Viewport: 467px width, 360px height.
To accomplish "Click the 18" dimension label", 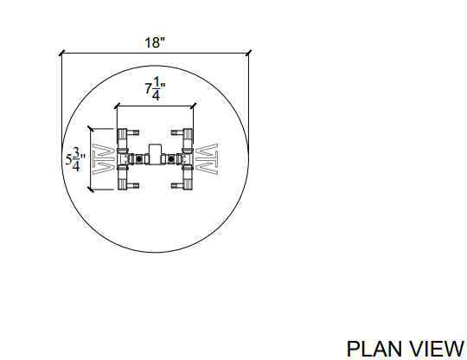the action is click(x=155, y=42).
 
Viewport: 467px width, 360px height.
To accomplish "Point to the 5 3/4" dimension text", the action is click(x=75, y=159).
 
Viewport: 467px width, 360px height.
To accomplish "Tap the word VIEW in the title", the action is click(x=437, y=349).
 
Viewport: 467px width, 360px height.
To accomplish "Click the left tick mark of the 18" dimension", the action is click(x=61, y=54).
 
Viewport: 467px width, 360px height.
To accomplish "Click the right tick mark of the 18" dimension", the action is click(x=249, y=53).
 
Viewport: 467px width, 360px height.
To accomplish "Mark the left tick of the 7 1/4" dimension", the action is click(x=118, y=106).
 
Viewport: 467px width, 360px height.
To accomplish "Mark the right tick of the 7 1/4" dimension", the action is click(x=194, y=106).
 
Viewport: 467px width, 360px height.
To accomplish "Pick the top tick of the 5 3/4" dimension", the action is click(x=91, y=129).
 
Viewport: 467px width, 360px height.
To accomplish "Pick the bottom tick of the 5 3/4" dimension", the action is click(x=91, y=190).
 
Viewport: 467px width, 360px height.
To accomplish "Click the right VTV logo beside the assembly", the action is click(x=207, y=159).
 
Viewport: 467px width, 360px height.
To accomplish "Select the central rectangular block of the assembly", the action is click(x=155, y=153).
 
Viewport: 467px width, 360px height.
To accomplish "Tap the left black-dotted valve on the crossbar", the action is click(x=138, y=159).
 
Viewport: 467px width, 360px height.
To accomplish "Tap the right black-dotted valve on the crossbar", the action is click(x=171, y=159).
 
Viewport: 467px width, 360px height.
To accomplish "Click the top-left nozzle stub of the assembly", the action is click(x=133, y=132).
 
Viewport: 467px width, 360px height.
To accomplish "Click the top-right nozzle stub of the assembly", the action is click(x=177, y=132).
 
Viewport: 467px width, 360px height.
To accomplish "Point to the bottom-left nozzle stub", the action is click(x=133, y=186).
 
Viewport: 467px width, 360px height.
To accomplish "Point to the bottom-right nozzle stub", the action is click(x=177, y=186).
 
